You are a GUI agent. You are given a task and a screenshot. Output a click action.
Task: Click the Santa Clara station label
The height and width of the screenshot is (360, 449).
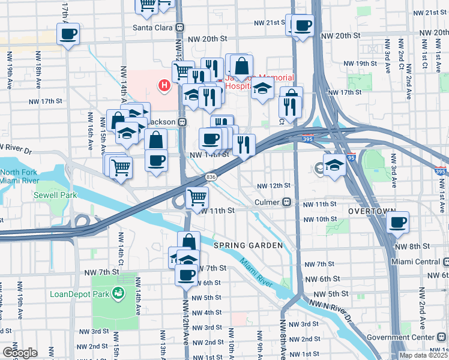tap(153, 28)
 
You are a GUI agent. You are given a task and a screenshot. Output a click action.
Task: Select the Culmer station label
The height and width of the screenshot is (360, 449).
tap(267, 203)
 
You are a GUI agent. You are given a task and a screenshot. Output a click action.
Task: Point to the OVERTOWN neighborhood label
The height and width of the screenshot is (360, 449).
tap(372, 211)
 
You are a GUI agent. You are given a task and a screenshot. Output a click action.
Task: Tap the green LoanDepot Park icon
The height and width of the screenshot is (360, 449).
tap(119, 293)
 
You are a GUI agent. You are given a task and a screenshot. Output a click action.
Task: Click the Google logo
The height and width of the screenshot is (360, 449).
tap(20, 353)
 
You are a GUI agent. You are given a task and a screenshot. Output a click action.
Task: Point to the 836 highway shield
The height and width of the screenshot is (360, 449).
tap(211, 177)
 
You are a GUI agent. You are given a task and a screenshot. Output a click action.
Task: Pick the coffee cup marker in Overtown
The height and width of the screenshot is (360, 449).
tap(397, 223)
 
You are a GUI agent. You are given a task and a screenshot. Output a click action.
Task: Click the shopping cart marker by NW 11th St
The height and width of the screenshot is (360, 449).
tap(197, 197)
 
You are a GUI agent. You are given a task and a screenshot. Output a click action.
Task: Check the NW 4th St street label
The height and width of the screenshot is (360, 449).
tap(205, 313)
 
